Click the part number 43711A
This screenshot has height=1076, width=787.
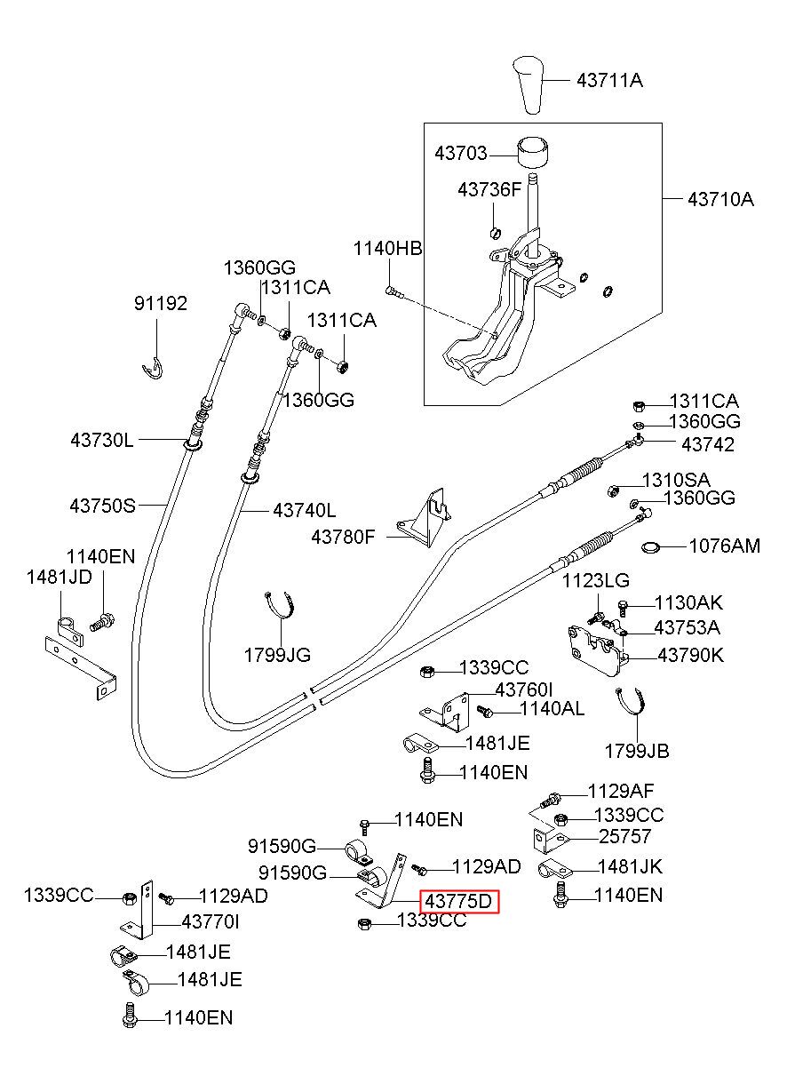click(609, 80)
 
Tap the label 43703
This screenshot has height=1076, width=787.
click(460, 153)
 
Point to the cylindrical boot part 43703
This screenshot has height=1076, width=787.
click(533, 152)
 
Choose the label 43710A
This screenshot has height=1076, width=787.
click(720, 198)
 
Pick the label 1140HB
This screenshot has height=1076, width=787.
click(387, 249)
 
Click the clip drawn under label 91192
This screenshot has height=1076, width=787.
click(155, 369)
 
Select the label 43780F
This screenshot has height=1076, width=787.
click(342, 536)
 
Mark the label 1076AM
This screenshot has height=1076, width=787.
click(725, 546)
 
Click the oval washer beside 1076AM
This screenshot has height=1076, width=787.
click(651, 546)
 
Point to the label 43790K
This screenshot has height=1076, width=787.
click(690, 655)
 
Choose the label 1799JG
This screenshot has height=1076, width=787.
click(277, 655)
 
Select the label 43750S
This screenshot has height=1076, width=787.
click(102, 506)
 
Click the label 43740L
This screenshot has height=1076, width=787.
click(305, 510)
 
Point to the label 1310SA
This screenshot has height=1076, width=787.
click(676, 480)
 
